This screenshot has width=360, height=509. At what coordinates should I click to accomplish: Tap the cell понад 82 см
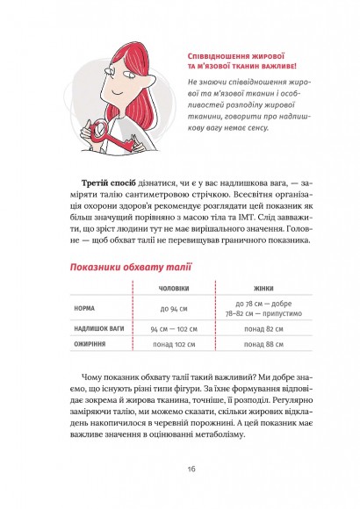pyautogui.click(x=264, y=328)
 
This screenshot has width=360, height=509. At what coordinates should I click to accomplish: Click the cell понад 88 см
pyautogui.click(x=264, y=345)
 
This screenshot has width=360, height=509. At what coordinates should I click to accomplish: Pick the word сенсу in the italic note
pyautogui.click(x=281, y=125)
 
